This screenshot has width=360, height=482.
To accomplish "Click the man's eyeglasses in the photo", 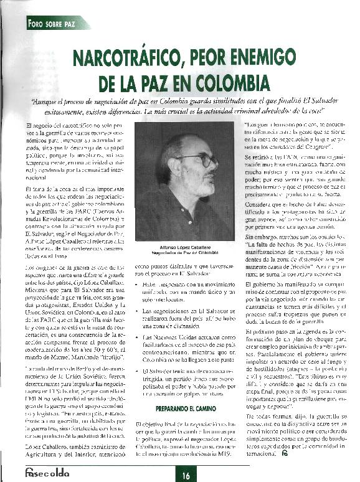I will click(202, 161).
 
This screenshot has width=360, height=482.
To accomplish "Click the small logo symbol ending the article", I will click(284, 454).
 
